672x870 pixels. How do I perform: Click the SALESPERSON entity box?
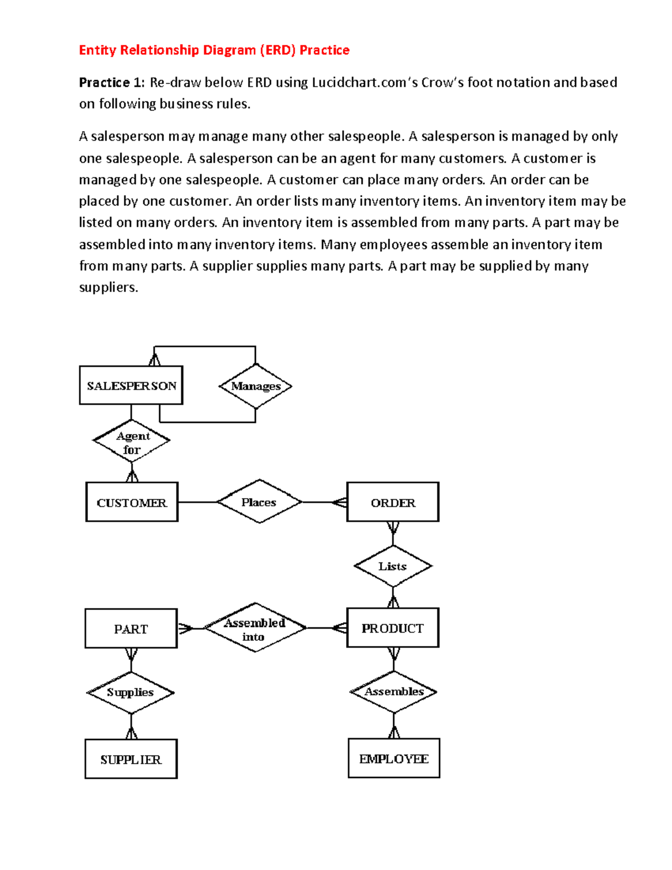(131, 385)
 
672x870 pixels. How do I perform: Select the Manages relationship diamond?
(255, 386)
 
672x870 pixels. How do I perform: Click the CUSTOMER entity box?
(132, 502)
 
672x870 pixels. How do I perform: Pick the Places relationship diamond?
(259, 502)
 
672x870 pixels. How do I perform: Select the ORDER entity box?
(393, 502)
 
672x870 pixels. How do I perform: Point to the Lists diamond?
(393, 566)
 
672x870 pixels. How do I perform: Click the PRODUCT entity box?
(393, 628)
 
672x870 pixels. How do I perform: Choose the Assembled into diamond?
(255, 628)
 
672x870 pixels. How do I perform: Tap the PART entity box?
(131, 629)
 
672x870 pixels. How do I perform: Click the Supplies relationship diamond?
(130, 692)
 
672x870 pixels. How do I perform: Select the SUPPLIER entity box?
(130, 759)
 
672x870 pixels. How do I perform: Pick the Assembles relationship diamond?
(394, 692)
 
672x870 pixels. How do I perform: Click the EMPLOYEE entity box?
(394, 759)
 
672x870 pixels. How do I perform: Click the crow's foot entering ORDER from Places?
(340, 502)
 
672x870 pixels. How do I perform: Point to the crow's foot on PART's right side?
(185, 629)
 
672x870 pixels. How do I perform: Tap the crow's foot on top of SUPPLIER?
(131, 733)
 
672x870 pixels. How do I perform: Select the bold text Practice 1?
(111, 82)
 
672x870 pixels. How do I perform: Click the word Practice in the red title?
(324, 50)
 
